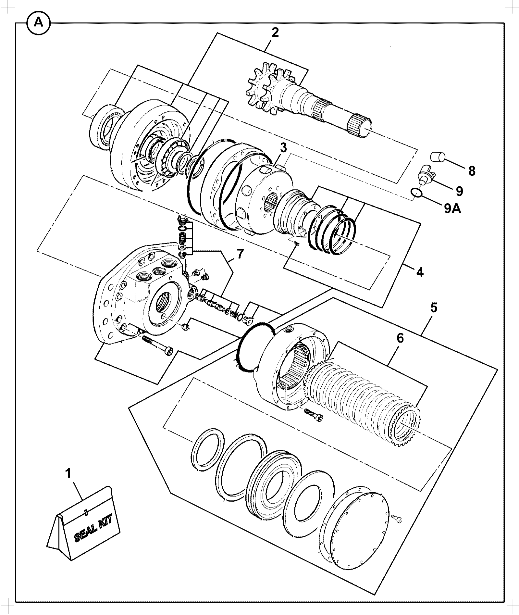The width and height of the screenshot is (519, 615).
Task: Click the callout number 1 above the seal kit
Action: (68, 473)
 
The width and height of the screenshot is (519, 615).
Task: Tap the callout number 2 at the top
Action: (275, 32)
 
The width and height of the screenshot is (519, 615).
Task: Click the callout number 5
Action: (434, 307)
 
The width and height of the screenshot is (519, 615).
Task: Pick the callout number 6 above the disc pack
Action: (401, 338)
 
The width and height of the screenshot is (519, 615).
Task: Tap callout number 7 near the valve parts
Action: (239, 254)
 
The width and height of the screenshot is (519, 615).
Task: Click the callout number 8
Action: (472, 170)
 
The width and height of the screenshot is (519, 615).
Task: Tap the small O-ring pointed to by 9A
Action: (416, 193)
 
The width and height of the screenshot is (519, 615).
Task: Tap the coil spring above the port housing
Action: (182, 241)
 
